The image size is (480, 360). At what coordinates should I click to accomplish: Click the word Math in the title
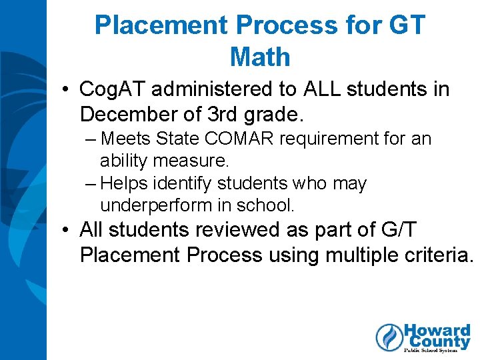pyautogui.click(x=260, y=57)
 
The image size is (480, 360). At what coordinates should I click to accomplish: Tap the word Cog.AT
pyautogui.click(x=109, y=89)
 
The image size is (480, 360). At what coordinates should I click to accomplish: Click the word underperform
pyautogui.click(x=157, y=205)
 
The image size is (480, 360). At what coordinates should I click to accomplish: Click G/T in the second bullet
pyautogui.click(x=399, y=230)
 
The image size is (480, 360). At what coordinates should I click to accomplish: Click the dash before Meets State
pyautogui.click(x=91, y=139)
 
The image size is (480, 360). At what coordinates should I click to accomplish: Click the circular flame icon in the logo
pyautogui.click(x=389, y=337)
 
